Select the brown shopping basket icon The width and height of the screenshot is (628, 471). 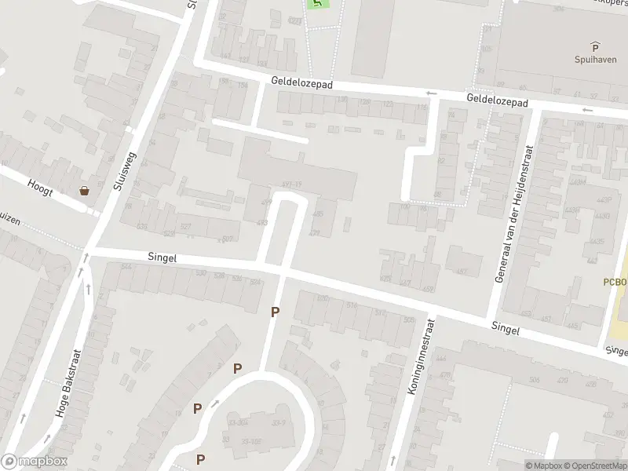(x=84, y=191)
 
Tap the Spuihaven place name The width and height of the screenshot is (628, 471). (x=594, y=59)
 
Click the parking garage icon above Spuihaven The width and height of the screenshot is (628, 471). (x=594, y=46)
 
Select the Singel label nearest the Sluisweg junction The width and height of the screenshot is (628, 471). (x=162, y=257)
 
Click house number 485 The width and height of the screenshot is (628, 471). (x=318, y=214)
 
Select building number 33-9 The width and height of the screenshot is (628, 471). (x=279, y=423)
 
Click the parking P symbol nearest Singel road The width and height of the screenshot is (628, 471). (x=275, y=312)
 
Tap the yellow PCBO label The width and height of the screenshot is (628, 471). (x=615, y=282)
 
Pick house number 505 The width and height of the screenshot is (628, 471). (x=408, y=319)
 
